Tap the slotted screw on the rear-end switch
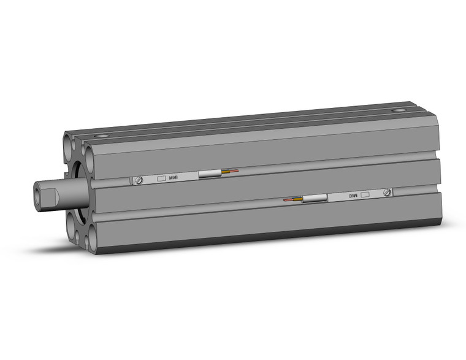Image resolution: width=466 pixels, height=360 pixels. (x=386, y=193)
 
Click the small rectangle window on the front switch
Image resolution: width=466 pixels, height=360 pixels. (x=161, y=178)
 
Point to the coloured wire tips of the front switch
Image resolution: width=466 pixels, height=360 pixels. (x=230, y=171)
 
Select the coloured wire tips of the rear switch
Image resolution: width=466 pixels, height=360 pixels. (x=292, y=200)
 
